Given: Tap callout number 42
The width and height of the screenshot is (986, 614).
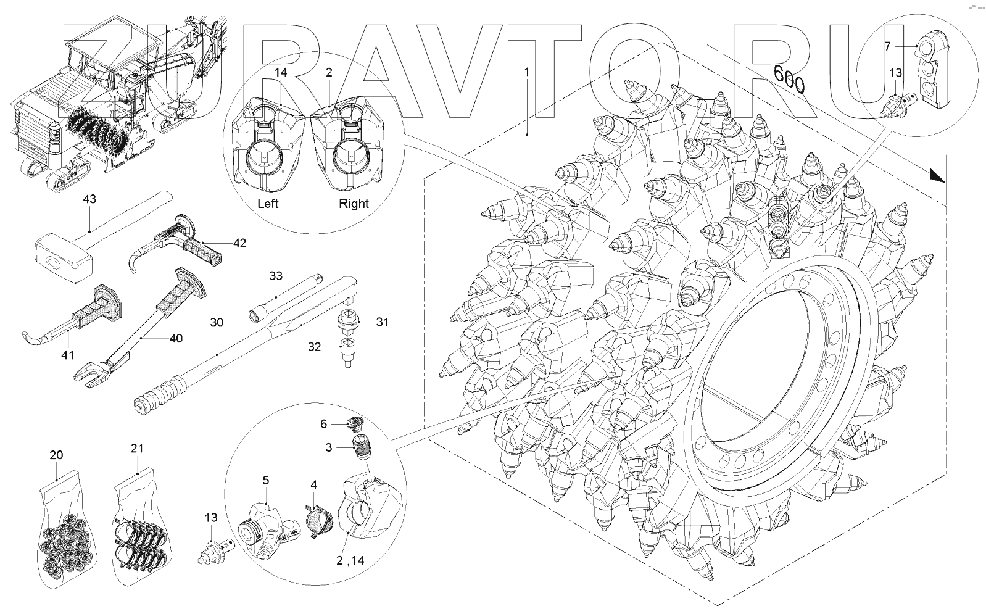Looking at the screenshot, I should (x=239, y=243).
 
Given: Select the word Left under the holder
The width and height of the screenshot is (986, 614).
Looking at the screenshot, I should (x=267, y=204).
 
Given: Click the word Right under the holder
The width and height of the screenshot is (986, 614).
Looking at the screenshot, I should (x=354, y=204).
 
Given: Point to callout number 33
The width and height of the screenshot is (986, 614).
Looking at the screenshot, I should (x=276, y=275).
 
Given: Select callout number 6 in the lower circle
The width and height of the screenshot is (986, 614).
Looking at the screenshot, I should (x=323, y=424).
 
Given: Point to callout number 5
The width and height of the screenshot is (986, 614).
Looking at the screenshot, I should (x=265, y=480).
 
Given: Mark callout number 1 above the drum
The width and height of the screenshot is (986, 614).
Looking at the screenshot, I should (x=526, y=72).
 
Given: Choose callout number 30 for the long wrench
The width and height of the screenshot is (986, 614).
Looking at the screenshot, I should (x=217, y=322).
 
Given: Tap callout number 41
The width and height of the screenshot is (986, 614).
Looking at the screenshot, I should (x=67, y=355).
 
